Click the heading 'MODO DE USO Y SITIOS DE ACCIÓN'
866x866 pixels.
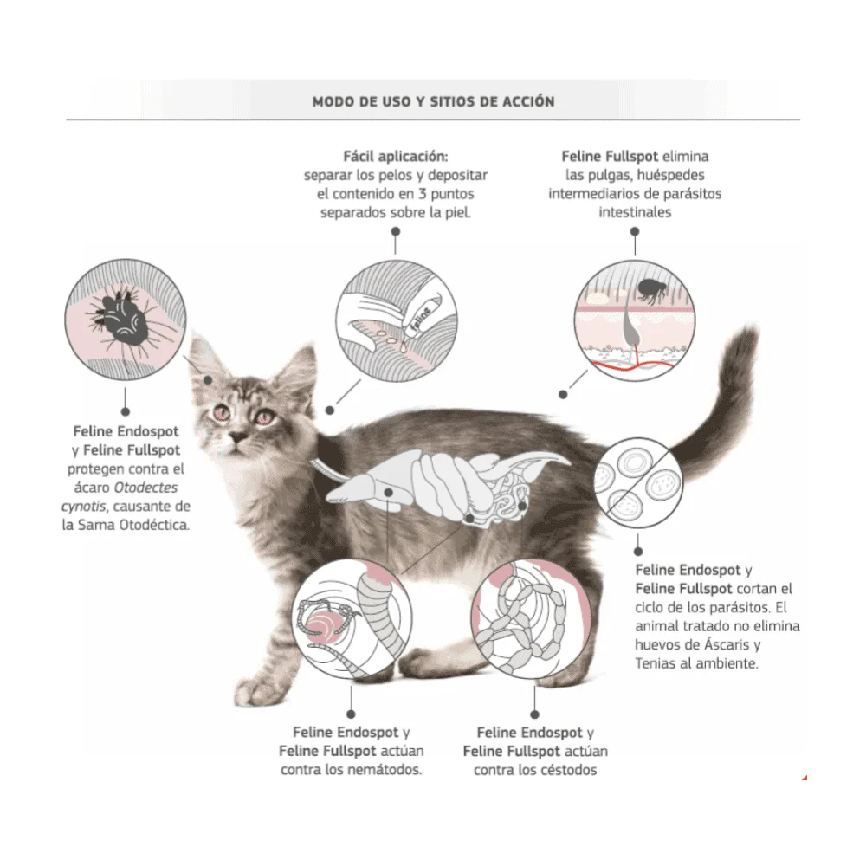pos(433,101)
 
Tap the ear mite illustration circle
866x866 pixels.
pos(126,320)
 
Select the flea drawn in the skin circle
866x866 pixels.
pos(651,291)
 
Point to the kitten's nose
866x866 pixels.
pos(239,436)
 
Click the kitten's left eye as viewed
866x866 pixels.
pos(222,412)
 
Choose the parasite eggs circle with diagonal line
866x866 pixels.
pos(638,482)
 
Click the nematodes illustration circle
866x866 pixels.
pos(352,618)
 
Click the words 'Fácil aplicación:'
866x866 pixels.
pos(396,156)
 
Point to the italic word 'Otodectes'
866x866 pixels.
pos(145,488)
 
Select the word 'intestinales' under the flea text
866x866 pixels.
pos(635,212)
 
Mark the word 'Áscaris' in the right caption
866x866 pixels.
pos(727,644)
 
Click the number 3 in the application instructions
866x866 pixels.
pos(422,194)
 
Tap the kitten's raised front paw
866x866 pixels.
pos(252,691)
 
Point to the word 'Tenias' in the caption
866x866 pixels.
pos(655,663)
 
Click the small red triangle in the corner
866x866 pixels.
pos(805,778)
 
